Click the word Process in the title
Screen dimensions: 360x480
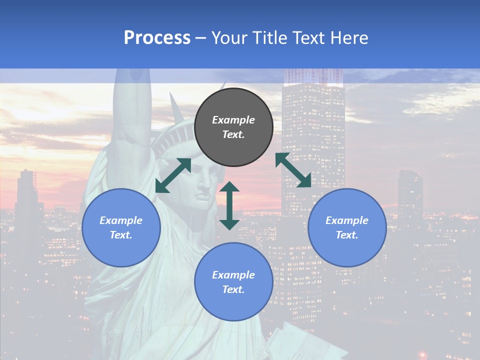pyautogui.click(x=157, y=38)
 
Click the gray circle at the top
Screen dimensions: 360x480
pyautogui.click(x=233, y=127)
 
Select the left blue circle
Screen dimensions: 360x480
pyautogui.click(x=121, y=227)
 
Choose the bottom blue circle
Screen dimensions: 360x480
pyautogui.click(x=233, y=282)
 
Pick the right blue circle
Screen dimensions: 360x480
pyautogui.click(x=347, y=227)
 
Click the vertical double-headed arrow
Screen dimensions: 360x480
pyautogui.click(x=229, y=205)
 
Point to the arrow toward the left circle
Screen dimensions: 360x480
pyautogui.click(x=173, y=175)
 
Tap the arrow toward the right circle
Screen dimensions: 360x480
pyautogui.click(x=293, y=170)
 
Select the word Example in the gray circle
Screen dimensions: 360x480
pyautogui.click(x=233, y=120)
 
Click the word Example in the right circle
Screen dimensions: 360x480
pyautogui.click(x=347, y=220)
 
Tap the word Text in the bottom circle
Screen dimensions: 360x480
pyautogui.click(x=233, y=289)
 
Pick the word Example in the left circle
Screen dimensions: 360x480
pyautogui.click(x=121, y=220)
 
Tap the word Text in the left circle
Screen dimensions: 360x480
pyautogui.click(x=121, y=235)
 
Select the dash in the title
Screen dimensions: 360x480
pyautogui.click(x=201, y=38)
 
